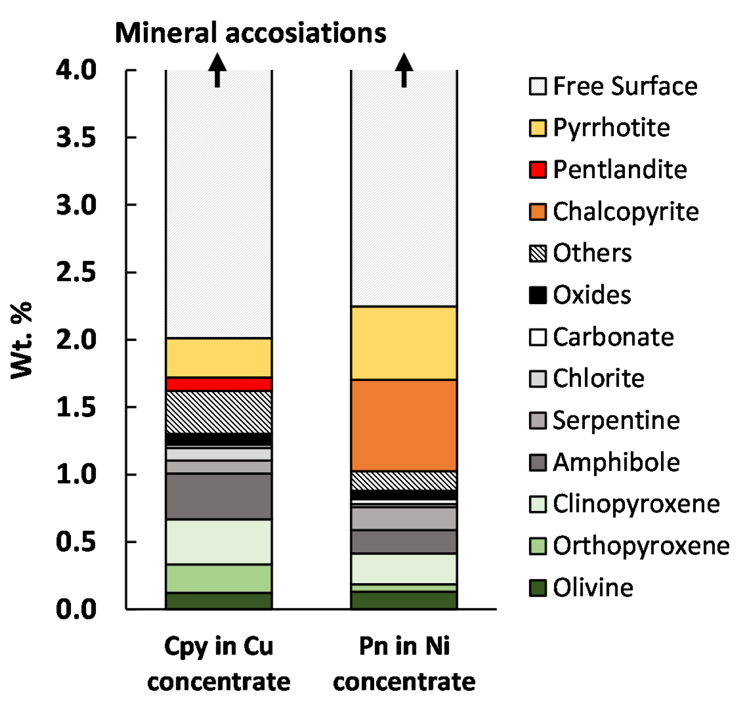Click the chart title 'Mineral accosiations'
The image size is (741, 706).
(250, 33)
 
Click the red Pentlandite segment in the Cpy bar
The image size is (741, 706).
(219, 384)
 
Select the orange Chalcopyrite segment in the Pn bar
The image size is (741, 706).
(403, 425)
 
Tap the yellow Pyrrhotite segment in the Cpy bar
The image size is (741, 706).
(219, 358)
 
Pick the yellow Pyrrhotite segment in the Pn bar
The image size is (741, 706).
(403, 343)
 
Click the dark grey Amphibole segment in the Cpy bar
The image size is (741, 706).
(219, 496)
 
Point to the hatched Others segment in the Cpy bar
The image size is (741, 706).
(219, 412)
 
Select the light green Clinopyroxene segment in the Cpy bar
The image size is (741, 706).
(219, 541)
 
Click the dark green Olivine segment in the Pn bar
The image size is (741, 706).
(403, 600)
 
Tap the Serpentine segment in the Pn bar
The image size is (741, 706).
(403, 518)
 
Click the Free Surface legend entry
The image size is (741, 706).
(613, 86)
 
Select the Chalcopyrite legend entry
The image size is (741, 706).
(614, 212)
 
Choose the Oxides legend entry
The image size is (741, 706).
(580, 295)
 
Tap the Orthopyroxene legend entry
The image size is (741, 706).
(629, 545)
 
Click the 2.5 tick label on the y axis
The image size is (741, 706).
(77, 272)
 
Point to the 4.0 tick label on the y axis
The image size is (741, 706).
(77, 70)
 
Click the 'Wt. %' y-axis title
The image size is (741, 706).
(23, 340)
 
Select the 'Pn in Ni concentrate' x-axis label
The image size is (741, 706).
(404, 663)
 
